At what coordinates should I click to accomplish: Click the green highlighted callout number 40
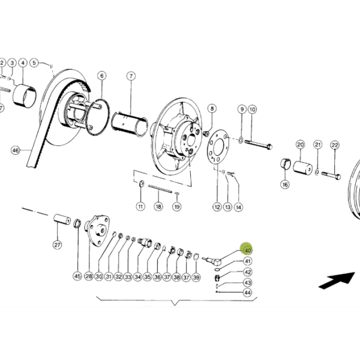(x=248, y=250)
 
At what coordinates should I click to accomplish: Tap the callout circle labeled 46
(x=16, y=151)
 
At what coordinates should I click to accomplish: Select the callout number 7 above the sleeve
(x=131, y=76)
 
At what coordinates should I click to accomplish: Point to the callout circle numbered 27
(x=57, y=245)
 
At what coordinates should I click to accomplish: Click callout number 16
(x=285, y=184)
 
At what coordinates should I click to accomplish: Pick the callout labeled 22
(x=335, y=145)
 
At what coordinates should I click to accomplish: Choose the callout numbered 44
(x=247, y=293)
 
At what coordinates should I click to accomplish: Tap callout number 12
(x=217, y=207)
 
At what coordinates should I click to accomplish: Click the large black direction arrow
(x=337, y=280)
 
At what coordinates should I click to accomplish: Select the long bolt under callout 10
(x=258, y=144)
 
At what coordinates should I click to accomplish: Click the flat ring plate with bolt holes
(x=217, y=147)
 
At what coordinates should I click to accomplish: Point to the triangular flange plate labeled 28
(x=97, y=231)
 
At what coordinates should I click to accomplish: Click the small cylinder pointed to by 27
(x=62, y=220)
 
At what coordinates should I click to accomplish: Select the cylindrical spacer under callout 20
(x=302, y=168)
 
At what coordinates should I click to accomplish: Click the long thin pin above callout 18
(x=160, y=189)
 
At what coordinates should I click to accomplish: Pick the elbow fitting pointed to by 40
(x=212, y=261)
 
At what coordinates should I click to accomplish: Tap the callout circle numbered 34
(x=137, y=277)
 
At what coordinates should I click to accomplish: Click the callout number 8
(x=212, y=109)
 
